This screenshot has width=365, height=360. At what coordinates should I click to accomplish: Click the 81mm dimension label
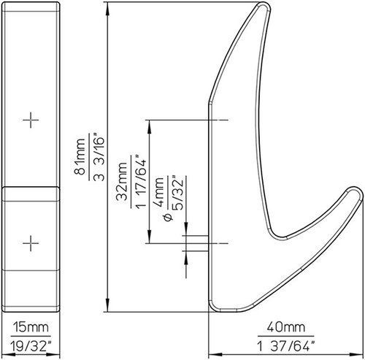[80, 156]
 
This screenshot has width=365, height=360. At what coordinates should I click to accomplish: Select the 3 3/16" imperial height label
[99, 156]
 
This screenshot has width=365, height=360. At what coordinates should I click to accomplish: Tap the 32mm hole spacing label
[122, 181]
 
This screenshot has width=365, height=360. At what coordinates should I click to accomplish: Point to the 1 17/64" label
[141, 181]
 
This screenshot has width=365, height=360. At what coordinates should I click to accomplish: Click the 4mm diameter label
[158, 192]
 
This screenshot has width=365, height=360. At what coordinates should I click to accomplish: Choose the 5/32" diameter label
[177, 192]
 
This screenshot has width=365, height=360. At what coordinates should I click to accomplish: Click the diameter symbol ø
[169, 217]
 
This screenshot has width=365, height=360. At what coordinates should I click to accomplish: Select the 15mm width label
[31, 327]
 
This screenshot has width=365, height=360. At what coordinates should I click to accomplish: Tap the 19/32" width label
[31, 345]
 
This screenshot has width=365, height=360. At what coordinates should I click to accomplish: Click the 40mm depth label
[286, 327]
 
